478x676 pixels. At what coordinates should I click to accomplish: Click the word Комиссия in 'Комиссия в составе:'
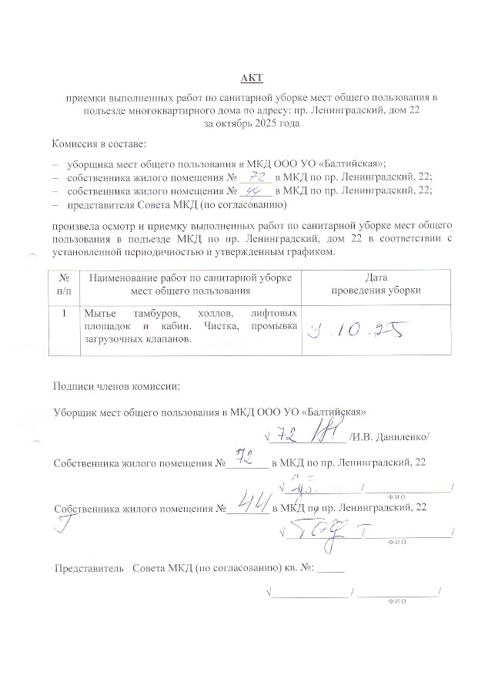(x=78, y=144)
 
